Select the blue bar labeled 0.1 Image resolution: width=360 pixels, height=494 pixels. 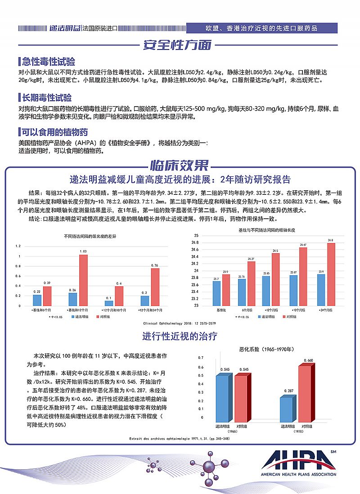point(109,304)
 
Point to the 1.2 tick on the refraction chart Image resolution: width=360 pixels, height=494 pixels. point(18,246)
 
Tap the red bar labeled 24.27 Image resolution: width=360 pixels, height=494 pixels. point(251,283)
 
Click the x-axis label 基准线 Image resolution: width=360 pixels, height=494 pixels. point(221,310)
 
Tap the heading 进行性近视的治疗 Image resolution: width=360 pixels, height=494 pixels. point(180,336)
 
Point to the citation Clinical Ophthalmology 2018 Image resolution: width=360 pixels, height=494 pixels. point(180,323)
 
